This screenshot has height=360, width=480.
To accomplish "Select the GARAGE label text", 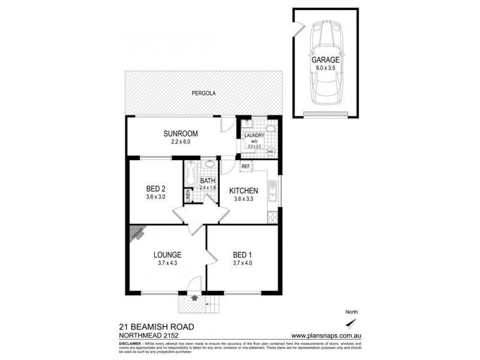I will (x=325, y=61).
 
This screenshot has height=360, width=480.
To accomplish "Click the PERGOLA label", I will (x=203, y=94).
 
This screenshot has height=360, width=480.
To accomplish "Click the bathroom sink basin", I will (x=210, y=164).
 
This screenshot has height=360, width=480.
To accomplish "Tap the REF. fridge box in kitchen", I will (x=245, y=166).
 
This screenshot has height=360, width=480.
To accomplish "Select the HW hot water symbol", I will (x=270, y=152).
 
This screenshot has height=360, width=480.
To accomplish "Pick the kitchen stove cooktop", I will (x=274, y=215).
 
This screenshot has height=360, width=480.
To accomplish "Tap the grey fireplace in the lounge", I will (x=136, y=233).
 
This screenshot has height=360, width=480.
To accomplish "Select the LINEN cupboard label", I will (x=188, y=196).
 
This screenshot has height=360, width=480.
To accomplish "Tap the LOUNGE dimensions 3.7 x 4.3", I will (x=168, y=262).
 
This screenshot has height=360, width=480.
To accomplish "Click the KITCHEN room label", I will (x=245, y=191).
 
